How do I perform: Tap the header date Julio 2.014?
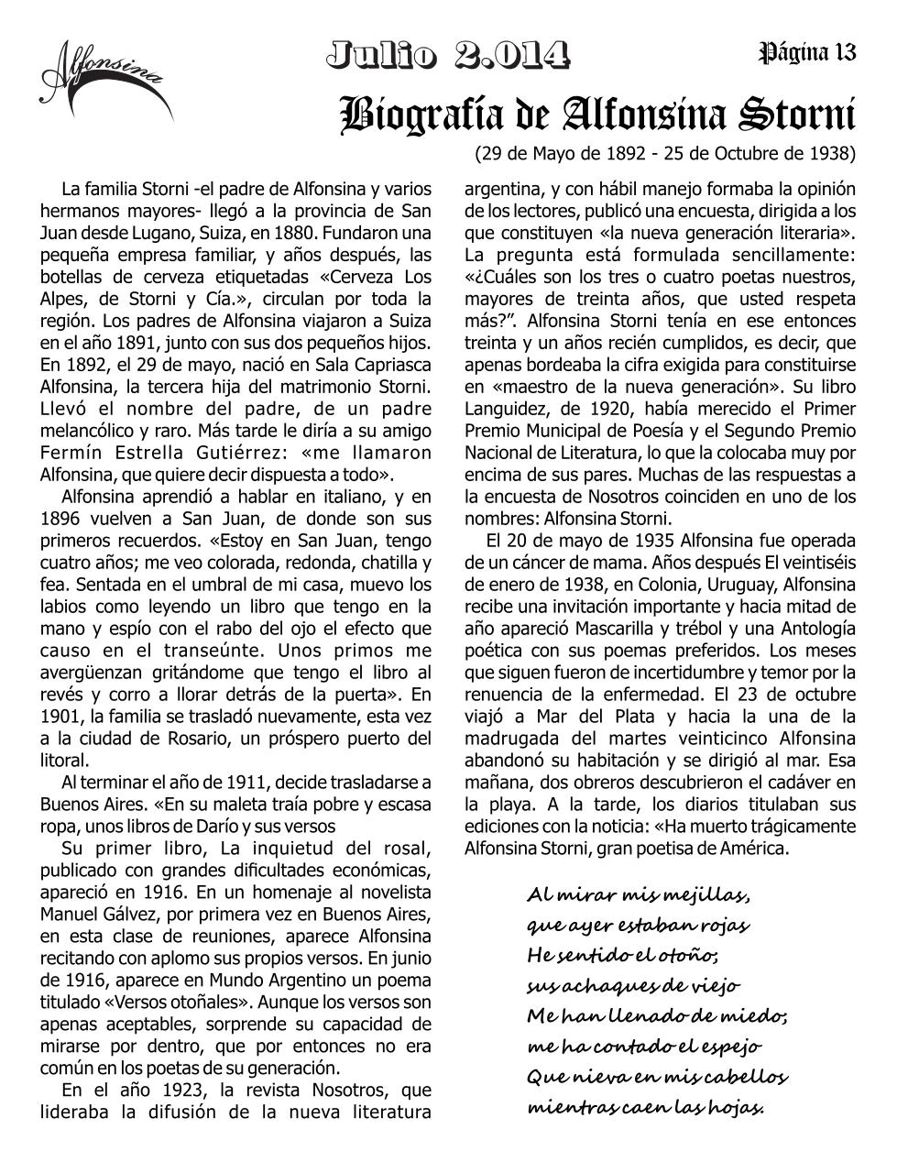pos(448,55)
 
